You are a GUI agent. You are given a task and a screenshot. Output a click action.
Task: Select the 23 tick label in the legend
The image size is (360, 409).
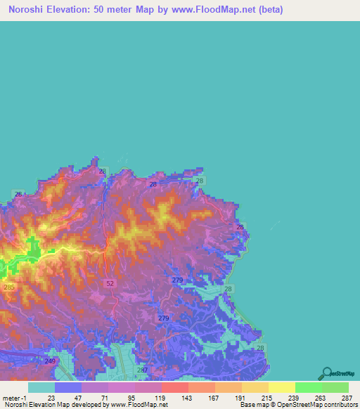[x=51, y=397]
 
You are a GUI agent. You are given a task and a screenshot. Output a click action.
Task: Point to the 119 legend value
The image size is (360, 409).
[x=159, y=397]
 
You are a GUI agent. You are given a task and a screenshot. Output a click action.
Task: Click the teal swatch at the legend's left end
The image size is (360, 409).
[x=41, y=387]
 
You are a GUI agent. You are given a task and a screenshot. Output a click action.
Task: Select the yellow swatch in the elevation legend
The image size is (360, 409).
[x=281, y=387]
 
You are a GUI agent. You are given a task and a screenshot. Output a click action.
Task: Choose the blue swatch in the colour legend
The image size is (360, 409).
[x=68, y=387]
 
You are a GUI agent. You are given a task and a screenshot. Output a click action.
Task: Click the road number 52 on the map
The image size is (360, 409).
[x=110, y=283]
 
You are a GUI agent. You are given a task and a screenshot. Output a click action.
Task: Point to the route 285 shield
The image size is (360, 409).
[x=8, y=287]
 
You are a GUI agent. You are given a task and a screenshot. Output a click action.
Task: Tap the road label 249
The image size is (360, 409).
[x=50, y=361]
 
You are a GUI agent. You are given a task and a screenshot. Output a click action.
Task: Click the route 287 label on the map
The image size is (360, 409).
[x=143, y=370]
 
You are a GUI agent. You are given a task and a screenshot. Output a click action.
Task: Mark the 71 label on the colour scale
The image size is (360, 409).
[x=105, y=397]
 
